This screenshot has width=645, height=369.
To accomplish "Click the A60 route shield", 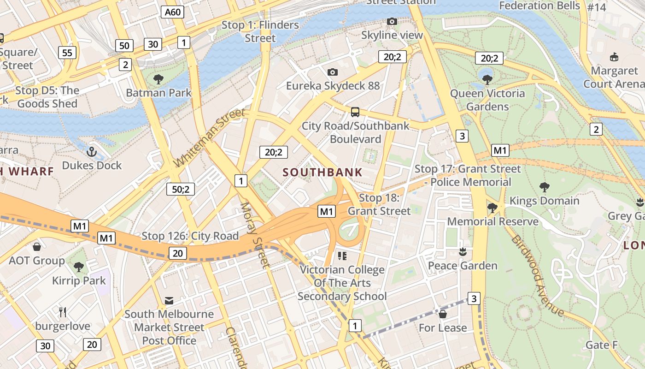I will [173, 12].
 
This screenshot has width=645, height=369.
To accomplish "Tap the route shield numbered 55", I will [67, 53].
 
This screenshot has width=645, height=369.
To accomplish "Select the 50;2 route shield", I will [181, 189].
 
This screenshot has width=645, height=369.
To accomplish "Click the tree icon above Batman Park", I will [158, 79].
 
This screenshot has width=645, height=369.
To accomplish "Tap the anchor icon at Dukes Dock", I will [92, 152].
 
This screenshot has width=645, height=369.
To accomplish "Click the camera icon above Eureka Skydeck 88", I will [332, 72].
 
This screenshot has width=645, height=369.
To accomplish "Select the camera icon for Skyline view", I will [392, 21].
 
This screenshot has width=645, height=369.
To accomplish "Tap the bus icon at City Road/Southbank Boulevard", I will [355, 112].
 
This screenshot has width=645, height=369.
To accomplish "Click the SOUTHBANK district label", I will [322, 173].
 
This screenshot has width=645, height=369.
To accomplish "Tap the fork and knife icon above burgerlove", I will [63, 312].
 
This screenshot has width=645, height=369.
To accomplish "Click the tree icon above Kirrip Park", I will [79, 267].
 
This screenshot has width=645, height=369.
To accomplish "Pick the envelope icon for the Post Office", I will [169, 301].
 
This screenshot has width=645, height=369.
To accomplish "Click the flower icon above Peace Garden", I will [463, 252].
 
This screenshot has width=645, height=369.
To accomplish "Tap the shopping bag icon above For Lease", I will [443, 314].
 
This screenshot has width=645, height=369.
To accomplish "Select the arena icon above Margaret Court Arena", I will [614, 57].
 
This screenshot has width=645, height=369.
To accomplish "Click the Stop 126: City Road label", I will [190, 236].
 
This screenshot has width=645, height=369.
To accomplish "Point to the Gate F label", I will [601, 345].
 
